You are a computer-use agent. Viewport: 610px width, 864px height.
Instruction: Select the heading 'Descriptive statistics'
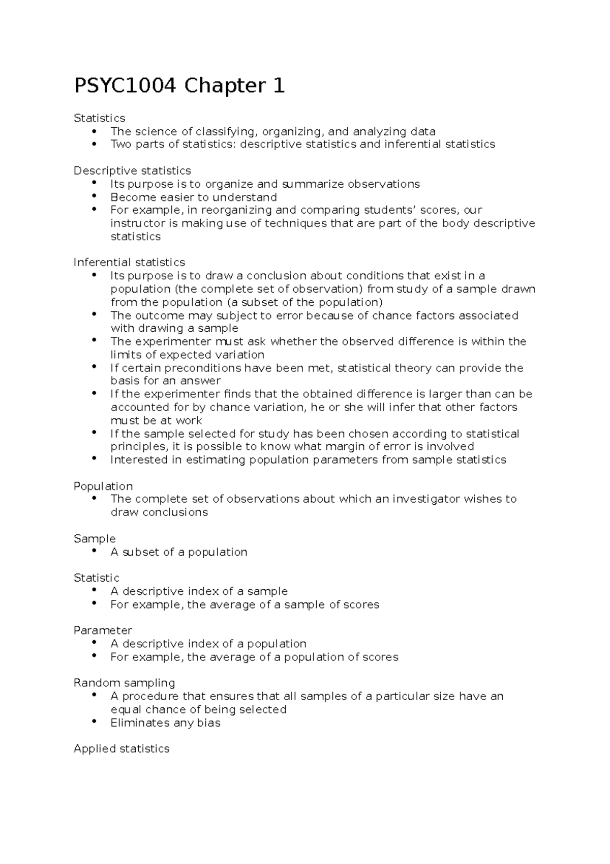coord(132,170)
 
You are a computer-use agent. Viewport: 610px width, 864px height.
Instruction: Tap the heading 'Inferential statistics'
coord(129,263)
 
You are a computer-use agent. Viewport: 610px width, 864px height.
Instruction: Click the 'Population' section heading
coord(103,486)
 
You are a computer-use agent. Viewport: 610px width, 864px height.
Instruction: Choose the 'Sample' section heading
coord(95,538)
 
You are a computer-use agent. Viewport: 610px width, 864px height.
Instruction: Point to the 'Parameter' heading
coord(103,630)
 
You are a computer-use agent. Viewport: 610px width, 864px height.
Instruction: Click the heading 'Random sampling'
coord(124,683)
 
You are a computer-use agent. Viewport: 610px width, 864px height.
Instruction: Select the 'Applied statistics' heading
coord(121,748)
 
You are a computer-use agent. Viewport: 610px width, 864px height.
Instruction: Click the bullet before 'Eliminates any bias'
coord(94,722)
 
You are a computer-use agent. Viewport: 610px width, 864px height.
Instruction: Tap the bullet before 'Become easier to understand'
coord(94,196)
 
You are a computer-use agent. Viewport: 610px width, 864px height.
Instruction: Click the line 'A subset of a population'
coord(179,552)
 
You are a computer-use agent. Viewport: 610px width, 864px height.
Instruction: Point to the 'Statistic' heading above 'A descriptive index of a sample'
coord(97,578)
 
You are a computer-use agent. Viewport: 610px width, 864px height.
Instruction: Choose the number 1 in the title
coord(278,85)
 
